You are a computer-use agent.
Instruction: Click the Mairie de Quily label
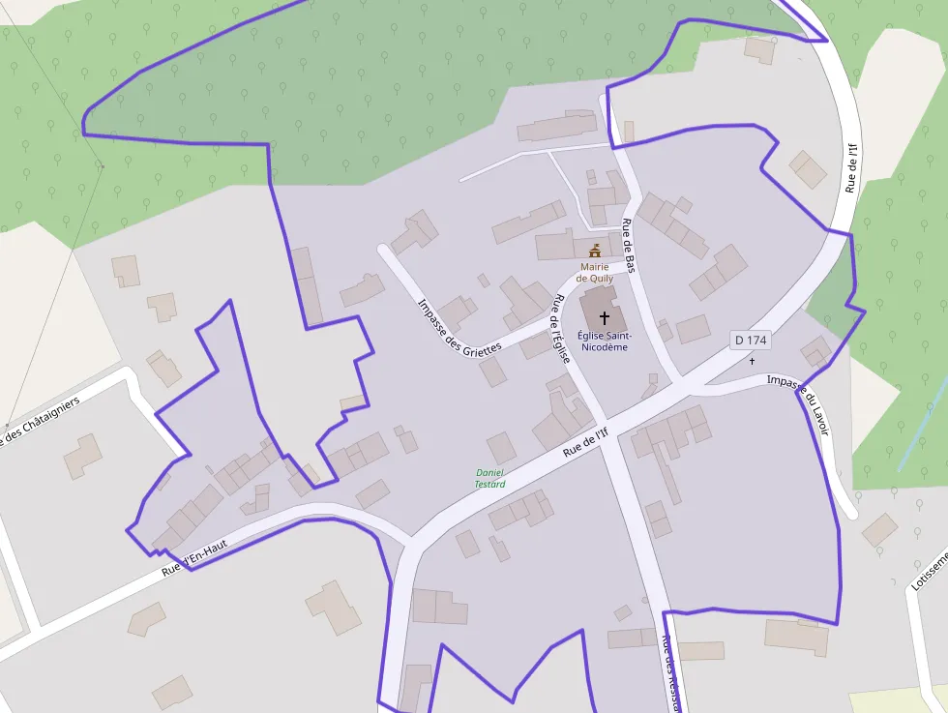pos(597,272)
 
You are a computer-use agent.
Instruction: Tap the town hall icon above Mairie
pos(595,251)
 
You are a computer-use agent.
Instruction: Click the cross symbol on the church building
pos(606,316)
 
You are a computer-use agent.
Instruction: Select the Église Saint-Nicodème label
pos(603,341)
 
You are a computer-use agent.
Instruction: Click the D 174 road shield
pos(750,340)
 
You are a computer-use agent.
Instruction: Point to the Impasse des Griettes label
pos(459,325)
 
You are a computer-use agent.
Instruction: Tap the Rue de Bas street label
pos(628,246)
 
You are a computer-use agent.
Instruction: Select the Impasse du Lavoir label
pos(799,402)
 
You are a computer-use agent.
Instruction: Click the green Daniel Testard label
pos(490,478)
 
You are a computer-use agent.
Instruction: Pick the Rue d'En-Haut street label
pos(193,557)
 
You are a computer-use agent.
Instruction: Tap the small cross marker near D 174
pos(753,361)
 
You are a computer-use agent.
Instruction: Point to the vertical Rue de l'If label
pos(852,167)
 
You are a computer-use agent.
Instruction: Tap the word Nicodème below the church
pos(603,346)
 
